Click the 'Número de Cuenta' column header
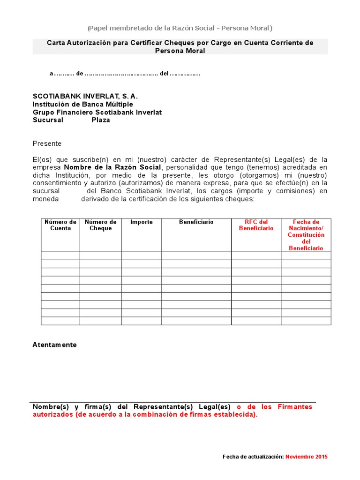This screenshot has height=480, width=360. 60,225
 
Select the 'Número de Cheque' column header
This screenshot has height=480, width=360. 100,225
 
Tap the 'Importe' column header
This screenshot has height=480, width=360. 141,222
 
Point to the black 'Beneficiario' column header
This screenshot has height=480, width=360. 196,222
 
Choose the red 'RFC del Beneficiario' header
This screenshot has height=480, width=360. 256,225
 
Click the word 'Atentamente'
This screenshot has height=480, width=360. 54,345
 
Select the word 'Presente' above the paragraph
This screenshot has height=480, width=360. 47,143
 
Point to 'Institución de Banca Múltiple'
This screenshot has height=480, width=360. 83,104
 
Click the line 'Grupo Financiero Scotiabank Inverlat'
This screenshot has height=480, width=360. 97,112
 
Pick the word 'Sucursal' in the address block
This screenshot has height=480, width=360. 48,120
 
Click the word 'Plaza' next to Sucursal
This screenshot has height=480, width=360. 101,120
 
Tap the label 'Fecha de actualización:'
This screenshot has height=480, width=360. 253,457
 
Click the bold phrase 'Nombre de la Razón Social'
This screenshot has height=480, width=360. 112,167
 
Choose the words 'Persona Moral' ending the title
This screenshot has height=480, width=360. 180,51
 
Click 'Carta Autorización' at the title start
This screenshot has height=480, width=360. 76,43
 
